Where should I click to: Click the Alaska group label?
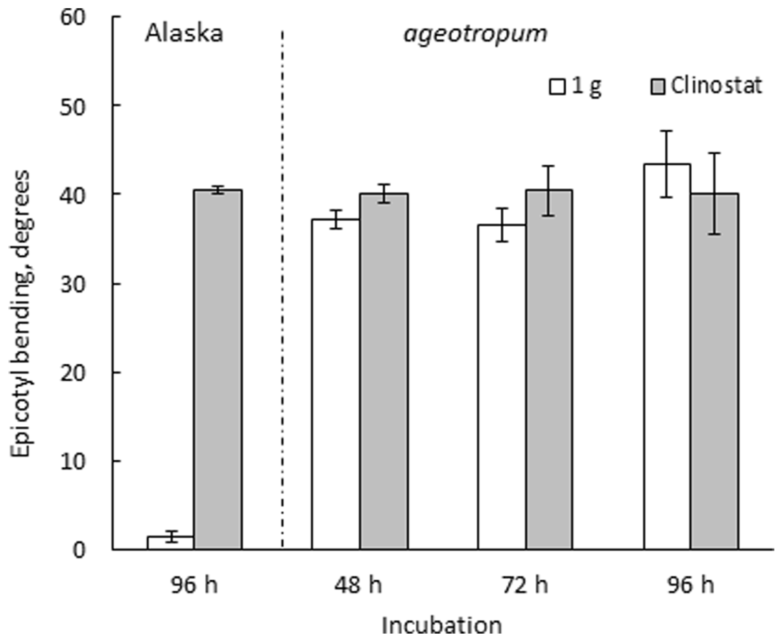[184, 34]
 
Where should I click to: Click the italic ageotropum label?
[475, 34]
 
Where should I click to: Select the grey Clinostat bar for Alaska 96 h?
[218, 370]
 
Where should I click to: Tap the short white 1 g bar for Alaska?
[170, 543]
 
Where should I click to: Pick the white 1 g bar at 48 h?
[336, 385]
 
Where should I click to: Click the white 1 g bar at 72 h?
[502, 388]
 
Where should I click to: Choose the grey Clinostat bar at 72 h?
[549, 370]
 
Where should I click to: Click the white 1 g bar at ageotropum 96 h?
[667, 357]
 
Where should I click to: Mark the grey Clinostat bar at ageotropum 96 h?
[715, 372]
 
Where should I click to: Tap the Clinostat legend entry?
[706, 86]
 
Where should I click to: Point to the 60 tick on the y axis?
[72, 18]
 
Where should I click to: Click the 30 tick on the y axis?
[72, 284]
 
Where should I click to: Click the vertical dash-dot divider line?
[282, 288]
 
